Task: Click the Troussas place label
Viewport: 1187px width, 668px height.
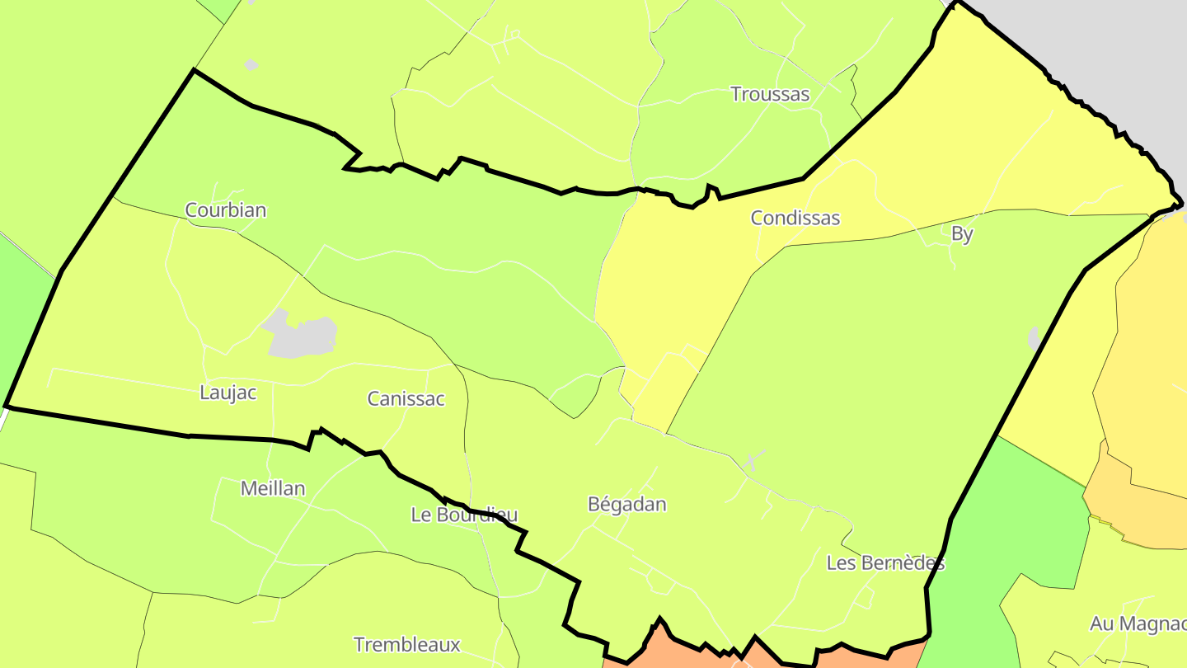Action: point(770,94)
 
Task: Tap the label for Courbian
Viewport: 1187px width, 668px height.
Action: point(226,209)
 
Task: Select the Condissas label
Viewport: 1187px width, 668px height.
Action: point(795,218)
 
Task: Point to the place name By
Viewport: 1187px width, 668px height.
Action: point(962,233)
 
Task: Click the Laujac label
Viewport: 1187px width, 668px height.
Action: point(228,393)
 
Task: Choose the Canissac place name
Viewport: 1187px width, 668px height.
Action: point(406,399)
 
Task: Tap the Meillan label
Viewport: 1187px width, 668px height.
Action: point(273,488)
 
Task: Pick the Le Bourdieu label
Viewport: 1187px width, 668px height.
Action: point(464,515)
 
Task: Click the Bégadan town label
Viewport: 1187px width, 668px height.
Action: point(626,504)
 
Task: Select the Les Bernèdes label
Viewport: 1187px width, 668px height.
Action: point(885,563)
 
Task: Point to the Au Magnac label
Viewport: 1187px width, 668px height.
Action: point(1138,623)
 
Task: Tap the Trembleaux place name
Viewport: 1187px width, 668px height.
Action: point(406,644)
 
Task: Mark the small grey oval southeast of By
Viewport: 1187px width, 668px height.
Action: point(1034,339)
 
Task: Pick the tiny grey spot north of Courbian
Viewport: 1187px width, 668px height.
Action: point(251,64)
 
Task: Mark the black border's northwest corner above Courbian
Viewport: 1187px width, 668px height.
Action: point(194,71)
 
